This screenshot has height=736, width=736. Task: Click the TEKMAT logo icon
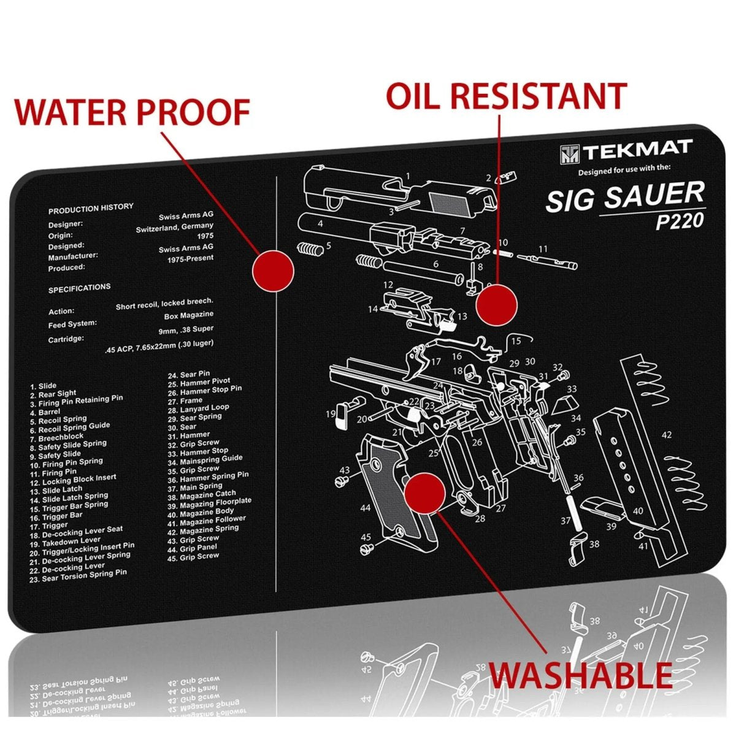click(x=569, y=153)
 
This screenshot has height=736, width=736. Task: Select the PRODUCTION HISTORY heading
click(x=91, y=209)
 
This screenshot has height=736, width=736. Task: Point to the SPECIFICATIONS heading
click(x=80, y=288)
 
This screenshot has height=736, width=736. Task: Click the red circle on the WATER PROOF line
click(x=273, y=270)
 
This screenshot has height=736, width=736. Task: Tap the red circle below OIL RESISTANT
click(x=497, y=305)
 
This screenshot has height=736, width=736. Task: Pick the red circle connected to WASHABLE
click(x=424, y=493)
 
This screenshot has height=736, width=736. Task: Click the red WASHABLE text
click(x=580, y=675)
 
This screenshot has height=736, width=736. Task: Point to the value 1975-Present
click(x=191, y=259)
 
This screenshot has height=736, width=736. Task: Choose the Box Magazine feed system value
click(x=189, y=316)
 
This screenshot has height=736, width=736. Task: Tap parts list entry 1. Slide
click(x=43, y=386)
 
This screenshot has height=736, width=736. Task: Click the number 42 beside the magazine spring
click(x=666, y=435)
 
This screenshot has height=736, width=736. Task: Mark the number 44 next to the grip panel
click(x=366, y=508)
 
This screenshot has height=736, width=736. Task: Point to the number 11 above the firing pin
click(x=542, y=249)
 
